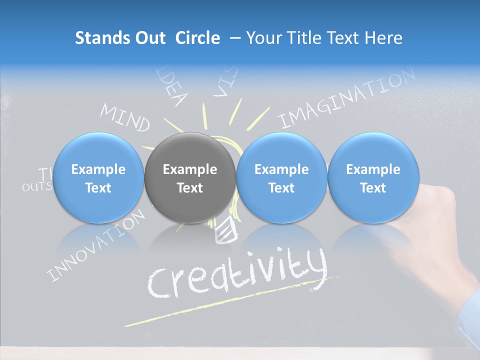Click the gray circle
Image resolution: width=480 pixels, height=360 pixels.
(190, 177)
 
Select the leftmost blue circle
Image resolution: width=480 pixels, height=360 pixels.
(98, 177)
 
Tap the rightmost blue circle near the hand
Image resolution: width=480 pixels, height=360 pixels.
(373, 177)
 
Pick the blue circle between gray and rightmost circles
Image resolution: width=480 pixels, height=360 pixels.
(281, 177)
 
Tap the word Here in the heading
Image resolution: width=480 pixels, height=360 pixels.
(383, 38)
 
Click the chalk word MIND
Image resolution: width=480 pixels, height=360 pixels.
(125, 118)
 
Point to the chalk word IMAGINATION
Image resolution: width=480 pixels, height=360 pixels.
(346, 98)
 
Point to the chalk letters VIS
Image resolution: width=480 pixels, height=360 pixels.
(226, 82)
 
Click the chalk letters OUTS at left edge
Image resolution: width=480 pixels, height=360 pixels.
(36, 187)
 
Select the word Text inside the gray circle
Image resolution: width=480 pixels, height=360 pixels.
(190, 188)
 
